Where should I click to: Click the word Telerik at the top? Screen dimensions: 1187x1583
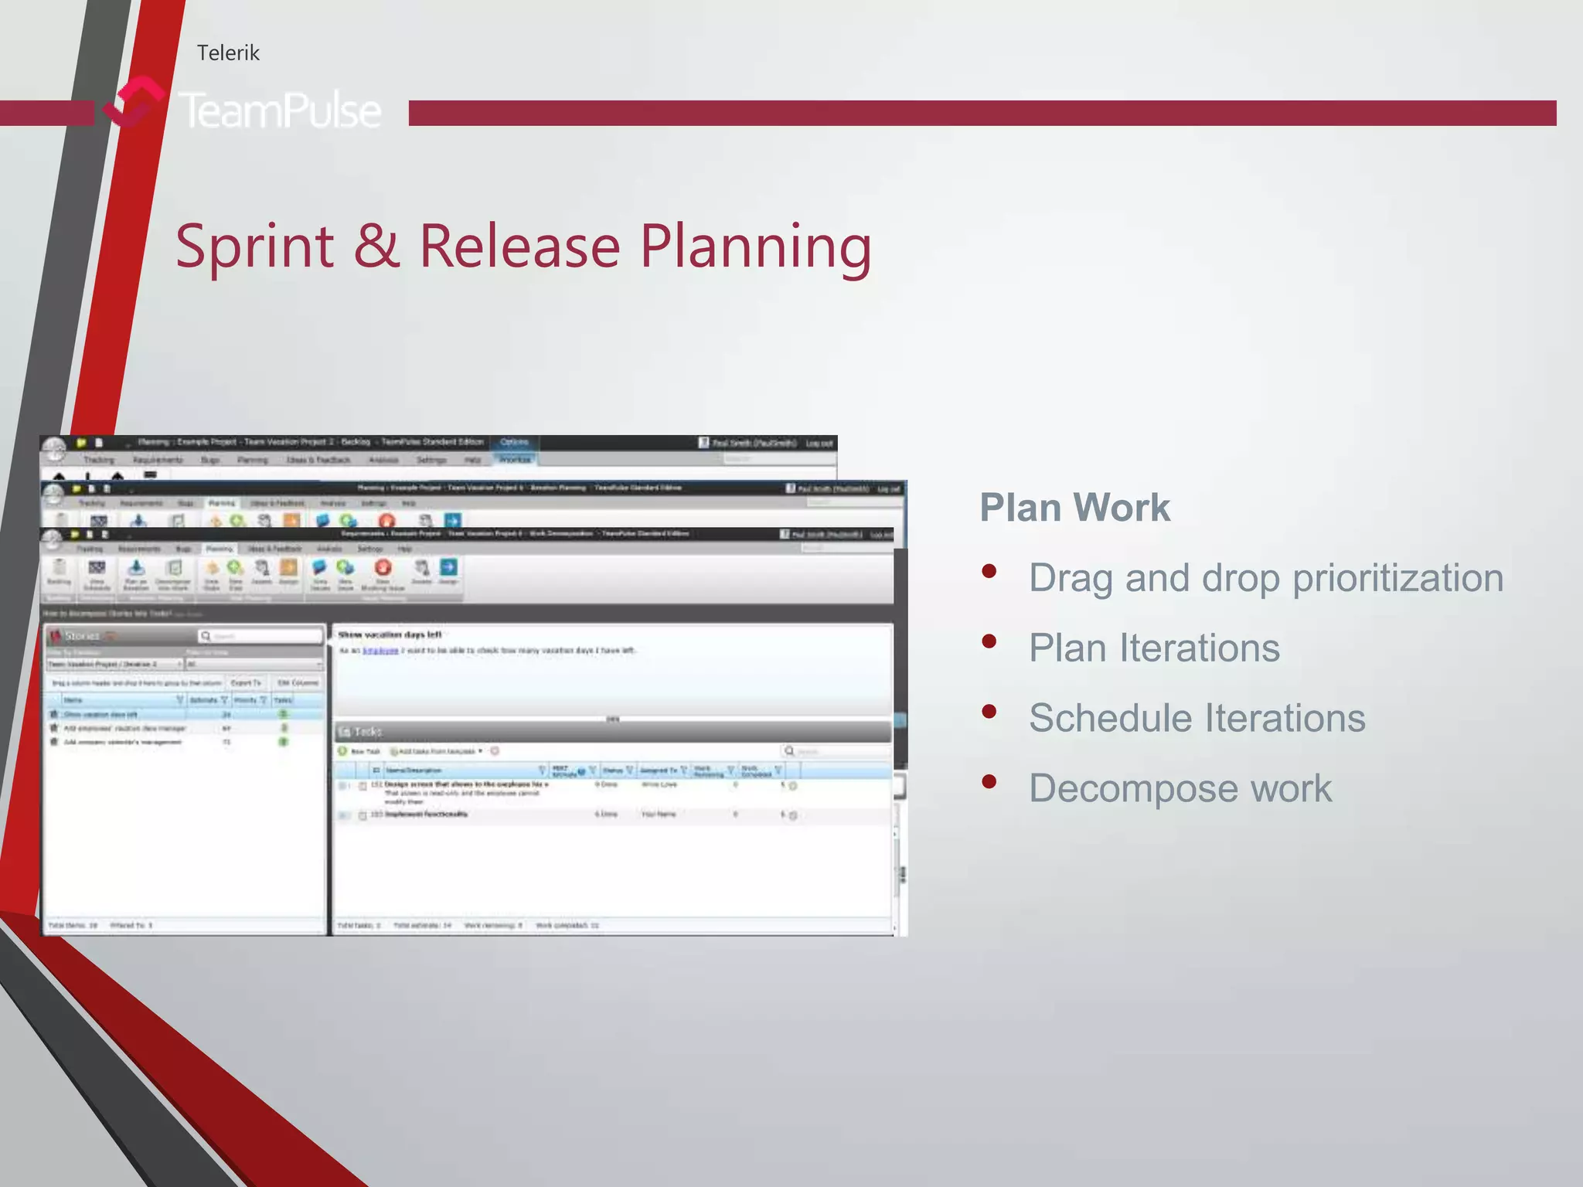[228, 53]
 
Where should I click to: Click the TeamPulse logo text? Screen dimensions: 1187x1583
[281, 111]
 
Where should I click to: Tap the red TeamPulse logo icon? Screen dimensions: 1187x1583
[133, 102]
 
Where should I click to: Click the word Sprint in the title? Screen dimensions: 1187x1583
[255, 246]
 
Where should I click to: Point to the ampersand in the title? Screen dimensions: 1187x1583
[376, 246]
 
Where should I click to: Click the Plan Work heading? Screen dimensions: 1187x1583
[1074, 508]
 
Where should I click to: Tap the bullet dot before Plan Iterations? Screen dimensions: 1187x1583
[989, 641]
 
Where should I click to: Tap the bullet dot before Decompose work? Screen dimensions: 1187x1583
[989, 781]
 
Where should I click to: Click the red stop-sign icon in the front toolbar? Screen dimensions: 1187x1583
[383, 568]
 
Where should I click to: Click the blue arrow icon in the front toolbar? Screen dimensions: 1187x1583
[448, 568]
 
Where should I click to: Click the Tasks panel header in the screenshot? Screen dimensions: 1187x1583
[368, 731]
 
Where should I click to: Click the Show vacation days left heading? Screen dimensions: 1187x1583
[390, 634]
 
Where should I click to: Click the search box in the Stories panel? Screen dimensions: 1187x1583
[261, 636]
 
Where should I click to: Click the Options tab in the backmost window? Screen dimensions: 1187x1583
[514, 442]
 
